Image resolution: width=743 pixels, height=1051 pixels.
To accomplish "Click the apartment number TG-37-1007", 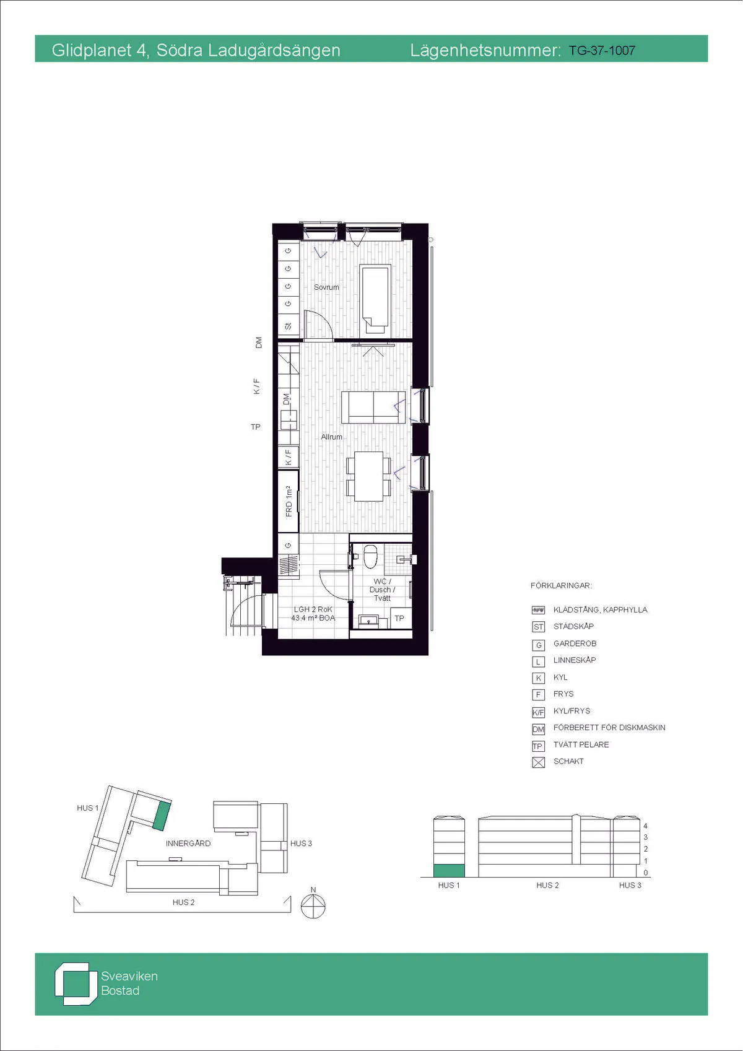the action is point(602,51).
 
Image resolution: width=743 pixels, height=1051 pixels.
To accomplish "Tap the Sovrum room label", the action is point(326,287).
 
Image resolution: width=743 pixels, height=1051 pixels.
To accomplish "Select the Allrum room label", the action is point(331,437).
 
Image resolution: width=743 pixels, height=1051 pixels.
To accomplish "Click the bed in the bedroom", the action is point(375,299).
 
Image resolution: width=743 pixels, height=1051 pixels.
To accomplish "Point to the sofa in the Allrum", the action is point(373,408).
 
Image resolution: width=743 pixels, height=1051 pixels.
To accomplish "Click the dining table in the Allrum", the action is point(368,476).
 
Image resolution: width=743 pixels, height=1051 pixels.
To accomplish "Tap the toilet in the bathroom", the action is point(370,556).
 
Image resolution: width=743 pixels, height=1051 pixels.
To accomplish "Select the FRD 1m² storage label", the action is point(289,502).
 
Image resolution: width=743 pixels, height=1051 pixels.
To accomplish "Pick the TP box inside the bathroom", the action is point(400,618).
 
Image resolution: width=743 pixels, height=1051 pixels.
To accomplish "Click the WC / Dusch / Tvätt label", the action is point(382,590).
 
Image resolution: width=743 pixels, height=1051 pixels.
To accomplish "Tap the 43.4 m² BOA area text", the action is point(313,618).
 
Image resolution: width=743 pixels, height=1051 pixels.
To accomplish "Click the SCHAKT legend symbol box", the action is point(539,762).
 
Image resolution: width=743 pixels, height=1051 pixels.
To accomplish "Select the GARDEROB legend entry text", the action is point(575,643).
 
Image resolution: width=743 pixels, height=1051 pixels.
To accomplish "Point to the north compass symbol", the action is point(313,905).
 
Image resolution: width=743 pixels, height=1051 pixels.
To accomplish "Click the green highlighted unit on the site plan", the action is point(160,816).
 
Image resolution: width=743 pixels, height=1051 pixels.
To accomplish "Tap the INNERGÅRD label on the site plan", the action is point(188,843).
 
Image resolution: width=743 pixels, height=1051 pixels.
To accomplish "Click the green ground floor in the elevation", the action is point(449,870).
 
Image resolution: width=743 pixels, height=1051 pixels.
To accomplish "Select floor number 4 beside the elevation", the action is point(645,826).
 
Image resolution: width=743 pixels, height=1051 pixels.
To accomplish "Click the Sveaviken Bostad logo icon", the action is point(72,984).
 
